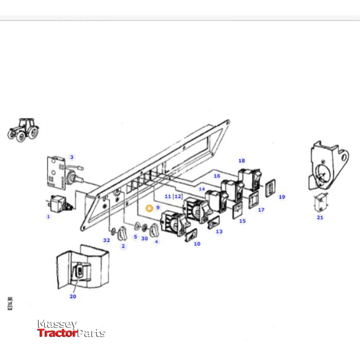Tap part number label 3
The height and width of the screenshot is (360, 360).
point(71,157)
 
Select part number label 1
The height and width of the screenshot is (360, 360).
point(48,217)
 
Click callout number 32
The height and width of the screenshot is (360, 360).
point(106,240)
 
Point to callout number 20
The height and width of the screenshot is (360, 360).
point(73,296)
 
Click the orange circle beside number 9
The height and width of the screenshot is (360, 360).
point(149,208)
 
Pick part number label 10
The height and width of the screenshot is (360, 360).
point(197,244)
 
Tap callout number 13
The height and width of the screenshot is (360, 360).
point(219,232)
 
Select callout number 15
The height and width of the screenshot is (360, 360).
point(242,221)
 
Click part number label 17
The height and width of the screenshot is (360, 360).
point(261,210)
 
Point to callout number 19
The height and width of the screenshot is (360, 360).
point(282,197)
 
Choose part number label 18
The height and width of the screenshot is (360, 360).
point(242,161)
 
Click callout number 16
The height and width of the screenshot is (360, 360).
point(217,176)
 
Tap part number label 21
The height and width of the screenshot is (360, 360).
point(320,218)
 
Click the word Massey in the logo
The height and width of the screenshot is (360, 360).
point(57,325)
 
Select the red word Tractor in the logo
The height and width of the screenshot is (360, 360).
point(57,333)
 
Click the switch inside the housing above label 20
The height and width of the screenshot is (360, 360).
point(82,270)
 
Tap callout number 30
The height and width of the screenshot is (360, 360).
point(145,238)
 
